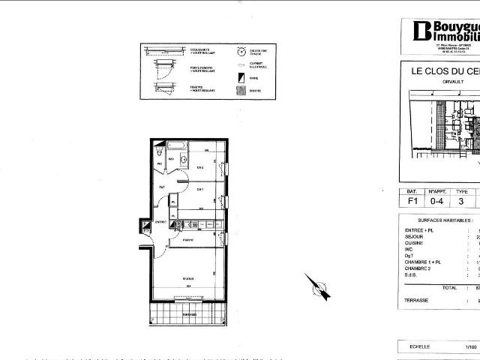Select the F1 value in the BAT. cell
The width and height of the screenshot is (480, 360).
[x=412, y=201]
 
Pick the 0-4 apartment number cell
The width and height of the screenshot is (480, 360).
[x=436, y=201]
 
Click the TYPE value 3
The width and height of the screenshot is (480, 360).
[x=462, y=201]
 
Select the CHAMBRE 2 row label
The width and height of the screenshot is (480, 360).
[x=421, y=268]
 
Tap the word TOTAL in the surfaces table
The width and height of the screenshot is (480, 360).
[x=449, y=287]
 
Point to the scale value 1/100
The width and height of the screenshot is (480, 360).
[x=470, y=347]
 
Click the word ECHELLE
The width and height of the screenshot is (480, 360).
[x=419, y=347]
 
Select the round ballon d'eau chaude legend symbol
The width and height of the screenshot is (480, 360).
[x=241, y=52]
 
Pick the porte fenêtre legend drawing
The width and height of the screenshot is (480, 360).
[x=159, y=70]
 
